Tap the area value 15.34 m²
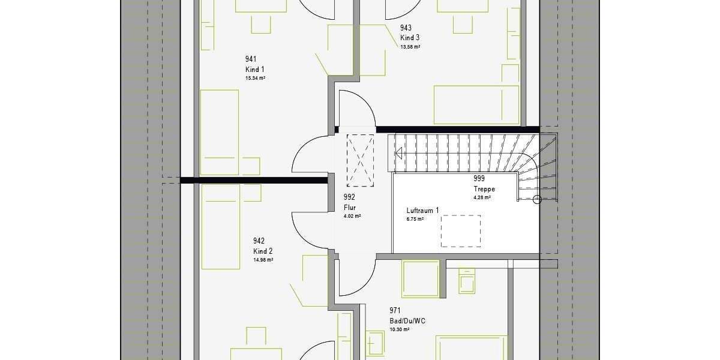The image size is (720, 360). point(255,79)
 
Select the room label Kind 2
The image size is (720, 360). point(263,251)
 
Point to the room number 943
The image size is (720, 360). point(406,28)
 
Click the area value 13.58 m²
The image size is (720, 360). point(410,46)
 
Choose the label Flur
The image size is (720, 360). point(350,208)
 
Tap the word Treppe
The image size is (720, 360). point(484,189)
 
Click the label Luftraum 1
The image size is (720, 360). point(422,211)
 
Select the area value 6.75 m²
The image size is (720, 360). point(415,220)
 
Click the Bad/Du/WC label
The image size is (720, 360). point(407,321)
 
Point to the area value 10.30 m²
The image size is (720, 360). point(399,329)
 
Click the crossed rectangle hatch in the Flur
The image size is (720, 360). point(361,158)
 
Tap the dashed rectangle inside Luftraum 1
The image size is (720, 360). point(461,231)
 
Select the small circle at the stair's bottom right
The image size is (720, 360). point(537,199)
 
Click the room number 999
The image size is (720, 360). point(479,179)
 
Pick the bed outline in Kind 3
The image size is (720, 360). point(476,105)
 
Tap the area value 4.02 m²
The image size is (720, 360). point(352,216)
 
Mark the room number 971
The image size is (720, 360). point(395,310)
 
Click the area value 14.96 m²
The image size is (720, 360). point(263,260)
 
